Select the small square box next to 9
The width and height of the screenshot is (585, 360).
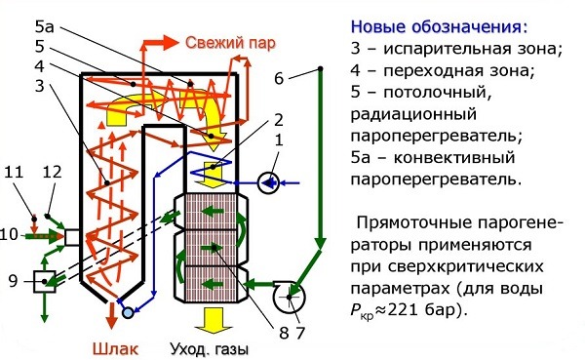(x=43, y=282)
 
